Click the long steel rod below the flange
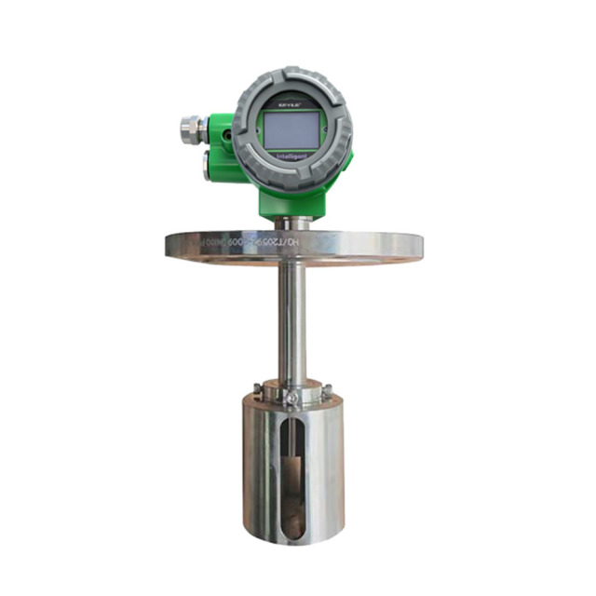[291, 317]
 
